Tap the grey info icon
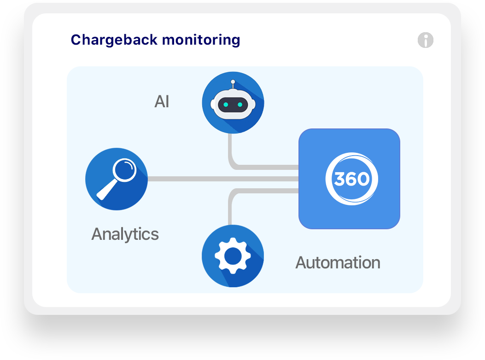[425, 41]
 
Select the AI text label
[162, 102]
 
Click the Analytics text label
[125, 234]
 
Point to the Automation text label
[338, 263]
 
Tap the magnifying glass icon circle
[117, 179]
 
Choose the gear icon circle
[233, 256]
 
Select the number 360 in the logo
[351, 179]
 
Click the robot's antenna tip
[233, 82]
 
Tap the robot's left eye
[226, 105]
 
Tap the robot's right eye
[240, 105]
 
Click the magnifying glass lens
[125, 170]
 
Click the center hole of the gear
[233, 255]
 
